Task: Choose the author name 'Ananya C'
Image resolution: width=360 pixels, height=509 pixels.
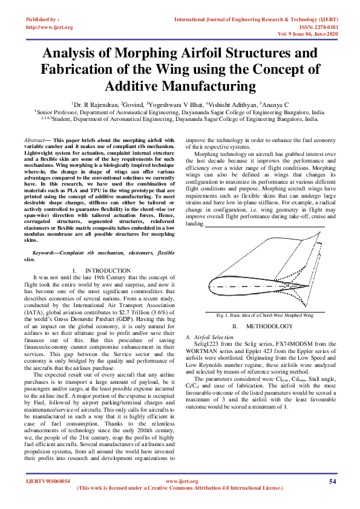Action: pyautogui.click(x=276, y=105)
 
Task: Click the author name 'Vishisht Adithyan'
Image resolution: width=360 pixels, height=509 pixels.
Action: pyautogui.click(x=232, y=105)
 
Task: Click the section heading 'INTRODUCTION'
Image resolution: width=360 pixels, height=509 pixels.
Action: pyautogui.click(x=108, y=270)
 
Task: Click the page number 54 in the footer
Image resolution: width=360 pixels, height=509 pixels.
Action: pyautogui.click(x=332, y=481)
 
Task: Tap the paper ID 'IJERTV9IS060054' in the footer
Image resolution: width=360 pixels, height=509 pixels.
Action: pyautogui.click(x=47, y=481)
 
